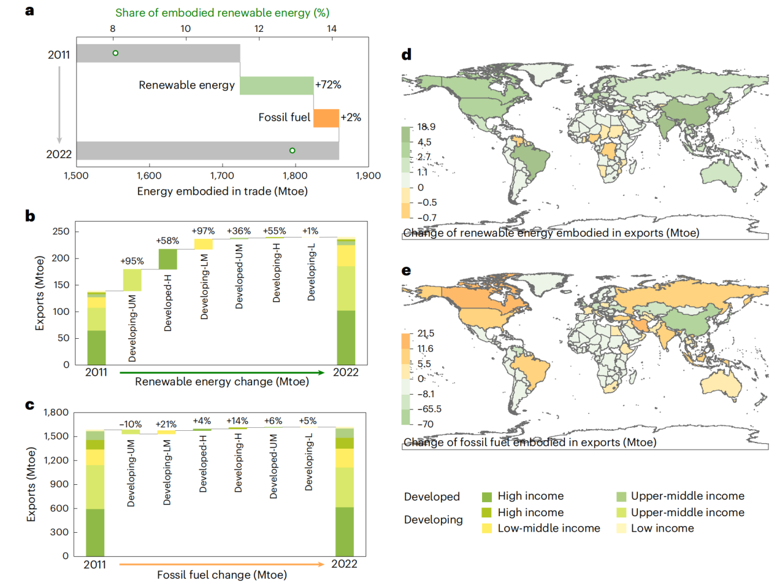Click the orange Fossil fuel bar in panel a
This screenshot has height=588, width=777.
click(x=326, y=118)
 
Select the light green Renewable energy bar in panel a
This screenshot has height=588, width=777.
click(x=277, y=86)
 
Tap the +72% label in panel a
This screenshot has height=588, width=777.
click(x=328, y=85)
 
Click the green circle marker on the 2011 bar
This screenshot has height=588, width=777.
click(x=115, y=53)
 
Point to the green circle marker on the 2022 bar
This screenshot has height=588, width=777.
click(x=292, y=150)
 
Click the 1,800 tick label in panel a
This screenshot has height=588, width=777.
click(x=295, y=176)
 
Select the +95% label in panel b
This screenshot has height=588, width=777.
click(x=132, y=261)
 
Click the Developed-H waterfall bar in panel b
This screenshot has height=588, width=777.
click(x=167, y=259)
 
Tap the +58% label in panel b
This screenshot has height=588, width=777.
click(x=167, y=241)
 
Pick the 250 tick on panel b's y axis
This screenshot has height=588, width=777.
click(x=61, y=231)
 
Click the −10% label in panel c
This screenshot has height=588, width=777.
click(x=130, y=424)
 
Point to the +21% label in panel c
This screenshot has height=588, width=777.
click(x=166, y=424)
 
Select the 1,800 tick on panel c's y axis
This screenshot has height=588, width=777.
click(x=56, y=412)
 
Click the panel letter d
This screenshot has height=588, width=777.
click(x=406, y=55)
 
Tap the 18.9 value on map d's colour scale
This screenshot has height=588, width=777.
click(x=426, y=127)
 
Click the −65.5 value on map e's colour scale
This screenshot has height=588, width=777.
click(x=429, y=409)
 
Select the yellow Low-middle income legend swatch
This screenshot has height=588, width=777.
click(x=487, y=528)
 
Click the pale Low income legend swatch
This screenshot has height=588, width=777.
click(x=621, y=528)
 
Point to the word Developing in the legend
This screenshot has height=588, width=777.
click(x=433, y=520)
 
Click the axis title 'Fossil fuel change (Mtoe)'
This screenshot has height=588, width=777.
click(x=221, y=575)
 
